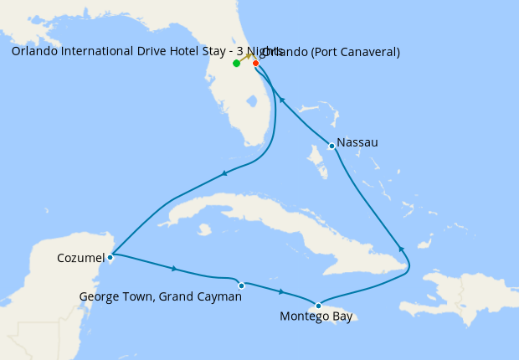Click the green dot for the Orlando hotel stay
pyautogui.click(x=237, y=64)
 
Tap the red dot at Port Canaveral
pyautogui.click(x=255, y=64)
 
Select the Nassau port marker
pyautogui.click(x=332, y=147)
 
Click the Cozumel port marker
pyautogui.click(x=110, y=257)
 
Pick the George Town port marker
pyautogui.click(x=241, y=285)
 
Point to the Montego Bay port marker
pyautogui.click(x=318, y=306)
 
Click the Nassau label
pyautogui.click(x=357, y=142)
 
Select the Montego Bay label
pyautogui.click(x=316, y=317)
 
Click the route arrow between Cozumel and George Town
pyautogui.click(x=174, y=269)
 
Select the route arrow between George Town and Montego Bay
pyautogui.click(x=281, y=291)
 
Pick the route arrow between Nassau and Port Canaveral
pyautogui.click(x=282, y=100)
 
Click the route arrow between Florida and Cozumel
pyautogui.click(x=224, y=173)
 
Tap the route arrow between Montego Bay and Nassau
pyautogui.click(x=402, y=249)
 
